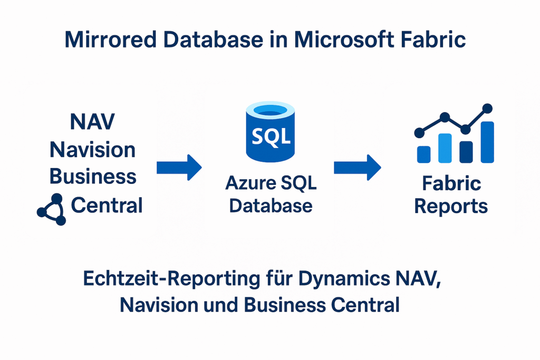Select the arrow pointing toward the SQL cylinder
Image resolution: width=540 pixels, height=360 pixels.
point(179,168)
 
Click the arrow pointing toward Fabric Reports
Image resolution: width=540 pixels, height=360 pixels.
point(357,168)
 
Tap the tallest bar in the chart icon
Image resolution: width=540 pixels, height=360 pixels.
point(487,142)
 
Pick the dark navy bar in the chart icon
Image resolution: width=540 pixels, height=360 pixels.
point(466,151)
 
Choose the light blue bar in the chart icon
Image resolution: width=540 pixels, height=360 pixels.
point(445,148)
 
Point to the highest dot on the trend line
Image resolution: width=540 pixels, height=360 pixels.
point(487,109)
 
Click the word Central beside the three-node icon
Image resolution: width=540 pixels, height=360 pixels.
point(107,205)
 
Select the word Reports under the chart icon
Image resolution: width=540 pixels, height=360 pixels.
point(451,206)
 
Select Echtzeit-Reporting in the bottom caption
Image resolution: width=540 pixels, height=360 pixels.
point(163,279)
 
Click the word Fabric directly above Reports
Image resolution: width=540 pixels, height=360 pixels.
point(451,183)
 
